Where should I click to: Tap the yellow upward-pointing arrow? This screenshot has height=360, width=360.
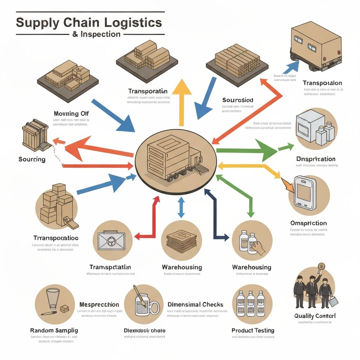pos(181,102)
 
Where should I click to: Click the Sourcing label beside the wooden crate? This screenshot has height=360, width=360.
pos(32,159)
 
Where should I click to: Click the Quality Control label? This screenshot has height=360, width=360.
pos(315,316)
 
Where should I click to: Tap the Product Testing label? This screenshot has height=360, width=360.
pos(253,330)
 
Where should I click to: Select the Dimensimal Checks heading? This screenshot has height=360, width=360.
pos(195,304)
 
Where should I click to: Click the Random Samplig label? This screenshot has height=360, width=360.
pos(54,330)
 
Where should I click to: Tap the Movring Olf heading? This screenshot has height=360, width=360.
pos(71,114)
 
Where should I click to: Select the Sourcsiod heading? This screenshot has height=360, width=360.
pos(238,100)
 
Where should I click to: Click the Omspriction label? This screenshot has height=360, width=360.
pos(308,223)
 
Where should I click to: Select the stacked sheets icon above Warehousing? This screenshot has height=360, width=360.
pos(181,240)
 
